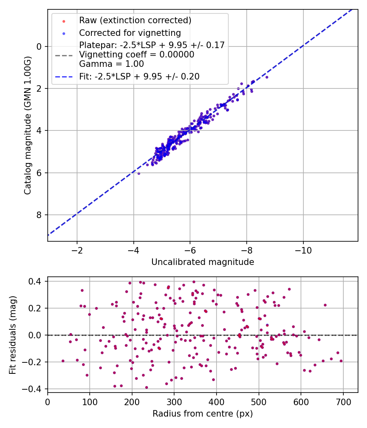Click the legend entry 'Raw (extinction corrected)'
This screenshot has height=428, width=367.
click(x=135, y=20)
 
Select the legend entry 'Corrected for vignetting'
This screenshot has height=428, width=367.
click(x=130, y=33)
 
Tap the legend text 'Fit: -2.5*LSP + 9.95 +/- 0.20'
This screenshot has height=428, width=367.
click(x=139, y=76)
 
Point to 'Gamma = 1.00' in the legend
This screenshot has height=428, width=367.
click(x=111, y=64)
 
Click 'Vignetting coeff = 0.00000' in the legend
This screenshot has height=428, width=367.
click(x=137, y=54)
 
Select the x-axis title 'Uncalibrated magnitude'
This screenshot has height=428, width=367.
click(x=203, y=262)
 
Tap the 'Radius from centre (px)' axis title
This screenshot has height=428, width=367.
click(x=203, y=414)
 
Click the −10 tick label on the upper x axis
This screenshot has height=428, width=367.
click(x=303, y=250)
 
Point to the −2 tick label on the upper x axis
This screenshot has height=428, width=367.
click(x=77, y=250)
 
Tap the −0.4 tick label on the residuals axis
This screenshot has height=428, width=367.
click(x=34, y=389)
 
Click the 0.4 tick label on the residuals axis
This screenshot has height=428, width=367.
click(x=37, y=281)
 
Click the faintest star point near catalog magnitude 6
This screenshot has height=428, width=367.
click(x=139, y=173)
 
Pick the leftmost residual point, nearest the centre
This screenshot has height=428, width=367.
click(x=63, y=361)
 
